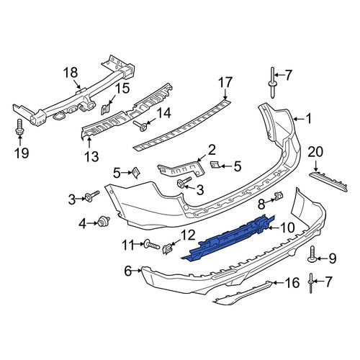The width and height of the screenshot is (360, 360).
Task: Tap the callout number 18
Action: (x=71, y=72)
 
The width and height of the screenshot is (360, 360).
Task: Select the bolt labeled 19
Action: (x=19, y=127)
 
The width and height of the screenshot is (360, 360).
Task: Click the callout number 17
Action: (x=225, y=82)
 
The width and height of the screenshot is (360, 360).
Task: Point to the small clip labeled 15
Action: (x=105, y=109)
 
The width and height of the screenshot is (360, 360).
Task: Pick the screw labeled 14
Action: (x=140, y=126)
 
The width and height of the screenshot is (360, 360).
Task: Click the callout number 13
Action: (x=91, y=157)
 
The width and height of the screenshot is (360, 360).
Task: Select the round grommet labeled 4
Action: (x=104, y=220)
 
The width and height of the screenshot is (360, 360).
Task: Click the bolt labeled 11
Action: (x=151, y=246)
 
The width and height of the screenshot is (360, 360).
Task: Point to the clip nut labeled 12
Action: (x=168, y=249)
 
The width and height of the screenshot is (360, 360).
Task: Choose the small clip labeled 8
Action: (x=279, y=197)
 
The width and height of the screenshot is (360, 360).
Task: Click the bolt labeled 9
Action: (x=312, y=254)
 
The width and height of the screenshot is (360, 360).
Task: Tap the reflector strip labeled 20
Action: (x=328, y=181)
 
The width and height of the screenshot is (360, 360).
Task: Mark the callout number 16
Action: (x=292, y=282)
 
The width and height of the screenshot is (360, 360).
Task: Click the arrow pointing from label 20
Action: (x=315, y=166)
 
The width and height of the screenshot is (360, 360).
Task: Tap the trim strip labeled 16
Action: (x=243, y=293)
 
